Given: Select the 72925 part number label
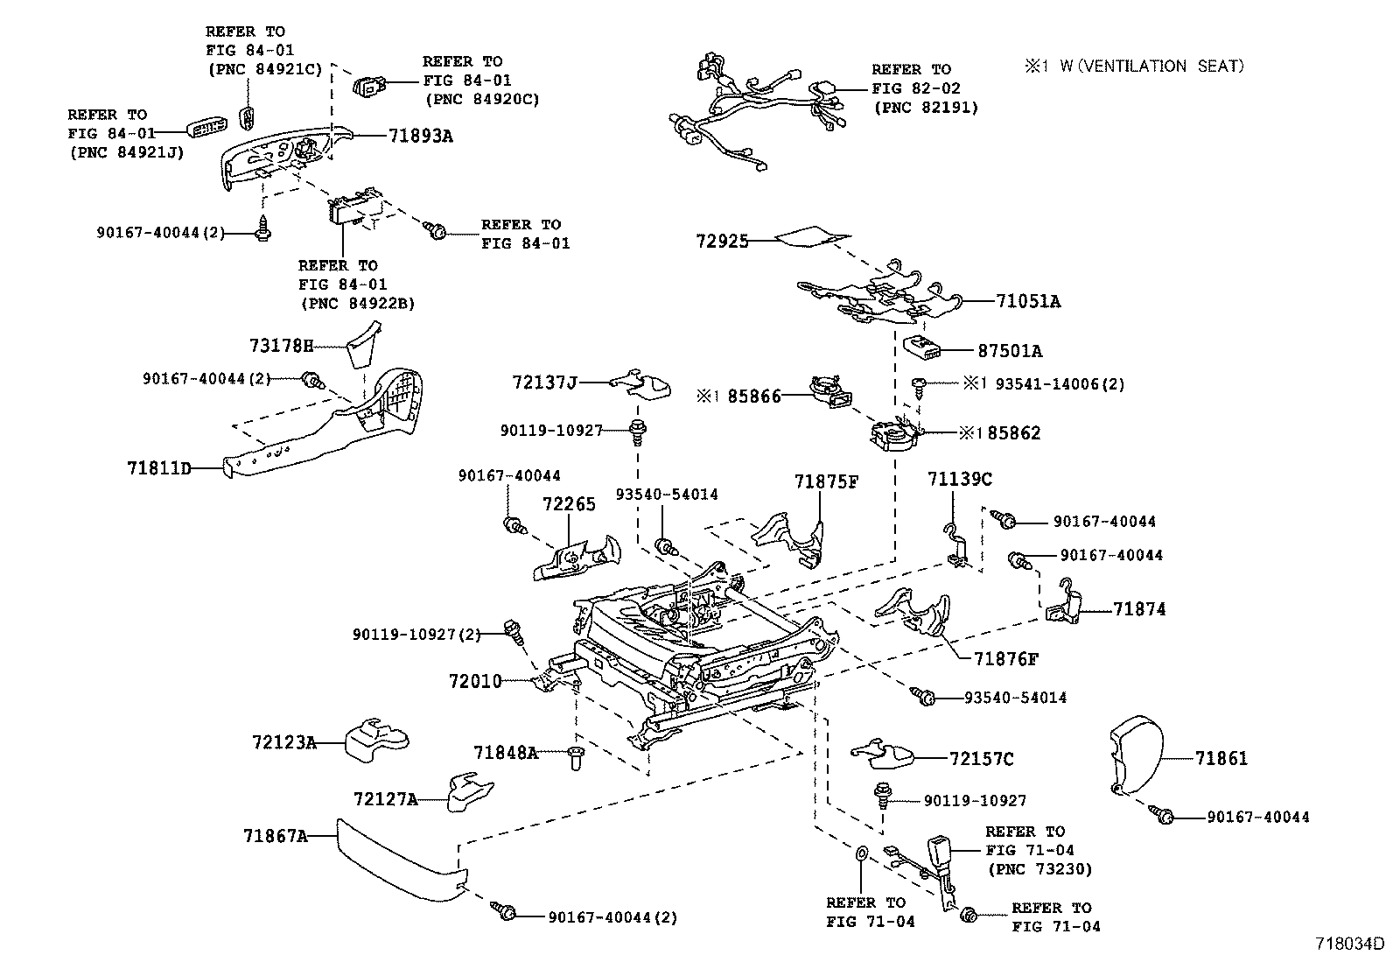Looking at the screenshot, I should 723,240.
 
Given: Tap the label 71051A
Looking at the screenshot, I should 1028,301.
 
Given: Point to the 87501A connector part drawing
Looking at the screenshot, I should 925,347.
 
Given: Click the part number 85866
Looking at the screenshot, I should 754,397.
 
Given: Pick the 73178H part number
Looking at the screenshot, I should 281,346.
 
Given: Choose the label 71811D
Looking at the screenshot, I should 158,468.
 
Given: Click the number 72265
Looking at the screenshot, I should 569,504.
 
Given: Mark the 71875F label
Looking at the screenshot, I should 827,481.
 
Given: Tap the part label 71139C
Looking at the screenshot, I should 960,479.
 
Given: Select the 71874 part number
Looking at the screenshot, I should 1139,609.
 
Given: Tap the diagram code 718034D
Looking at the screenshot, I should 1350,944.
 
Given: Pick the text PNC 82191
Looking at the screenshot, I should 926,108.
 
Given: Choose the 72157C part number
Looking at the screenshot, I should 982,759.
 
